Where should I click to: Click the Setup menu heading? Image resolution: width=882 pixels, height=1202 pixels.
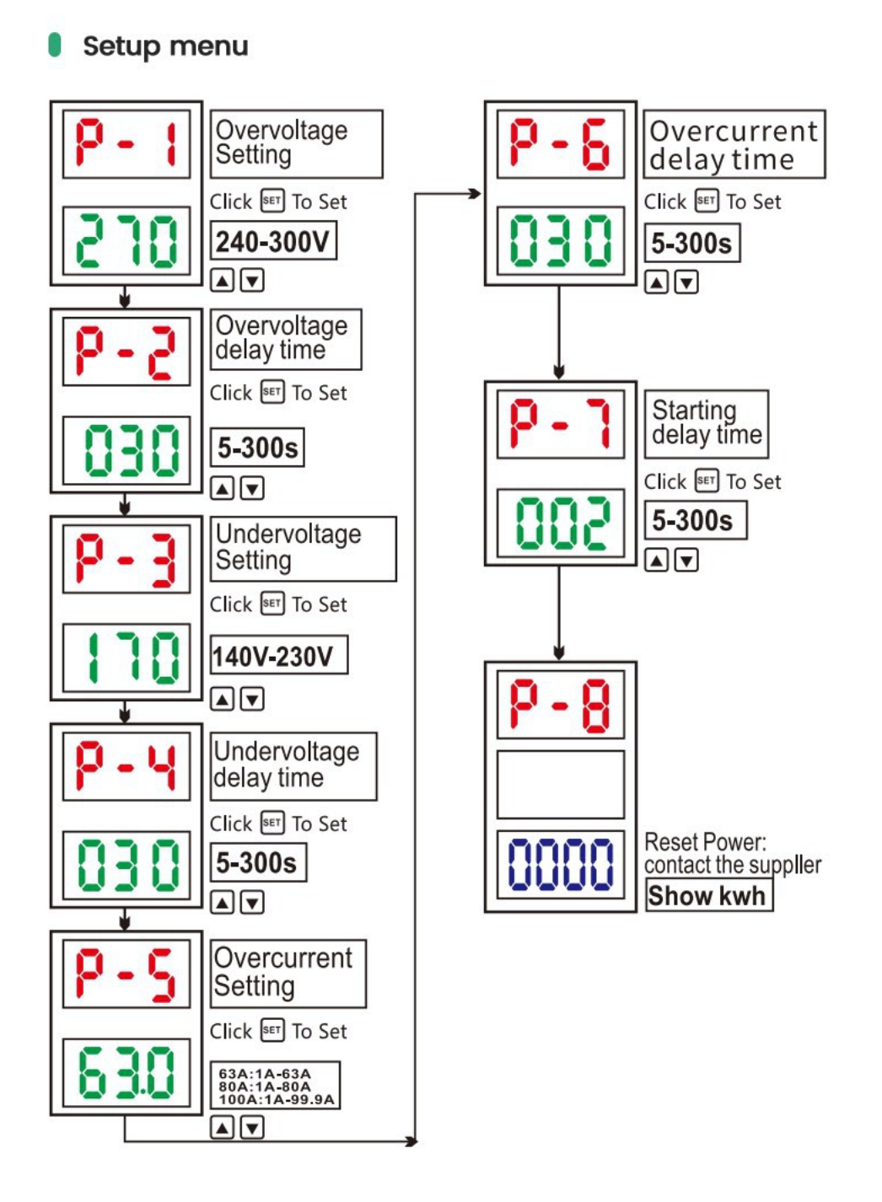click(x=165, y=46)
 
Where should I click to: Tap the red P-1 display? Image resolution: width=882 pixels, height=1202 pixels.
click(x=126, y=144)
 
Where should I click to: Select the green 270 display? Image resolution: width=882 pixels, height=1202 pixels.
click(x=126, y=240)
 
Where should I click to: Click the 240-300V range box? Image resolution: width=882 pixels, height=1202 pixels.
click(x=273, y=241)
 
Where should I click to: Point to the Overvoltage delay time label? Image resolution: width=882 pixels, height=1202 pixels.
click(x=286, y=339)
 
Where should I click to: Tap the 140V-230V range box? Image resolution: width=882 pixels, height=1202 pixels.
click(x=278, y=655)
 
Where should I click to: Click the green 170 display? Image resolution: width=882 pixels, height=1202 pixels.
click(x=126, y=657)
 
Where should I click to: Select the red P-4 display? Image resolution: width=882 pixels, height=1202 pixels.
click(x=126, y=766)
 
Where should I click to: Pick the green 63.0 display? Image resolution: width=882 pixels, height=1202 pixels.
click(x=126, y=1072)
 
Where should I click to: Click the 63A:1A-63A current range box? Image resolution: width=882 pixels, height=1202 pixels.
click(x=275, y=1085)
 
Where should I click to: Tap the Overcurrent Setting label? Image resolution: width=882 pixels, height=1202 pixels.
click(x=288, y=974)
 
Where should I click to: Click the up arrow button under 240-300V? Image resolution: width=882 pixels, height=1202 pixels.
click(x=223, y=280)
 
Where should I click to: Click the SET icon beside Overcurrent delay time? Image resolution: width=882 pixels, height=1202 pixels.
click(x=706, y=201)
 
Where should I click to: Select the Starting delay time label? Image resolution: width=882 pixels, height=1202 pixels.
click(x=707, y=424)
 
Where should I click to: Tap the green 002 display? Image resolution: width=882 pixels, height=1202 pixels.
click(x=561, y=523)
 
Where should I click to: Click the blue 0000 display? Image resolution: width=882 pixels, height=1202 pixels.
click(x=561, y=865)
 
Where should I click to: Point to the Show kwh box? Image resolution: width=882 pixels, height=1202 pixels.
click(x=708, y=895)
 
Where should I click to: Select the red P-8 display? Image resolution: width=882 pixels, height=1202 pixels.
click(x=561, y=705)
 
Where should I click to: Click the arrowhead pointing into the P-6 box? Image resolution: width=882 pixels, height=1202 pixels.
click(x=476, y=194)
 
